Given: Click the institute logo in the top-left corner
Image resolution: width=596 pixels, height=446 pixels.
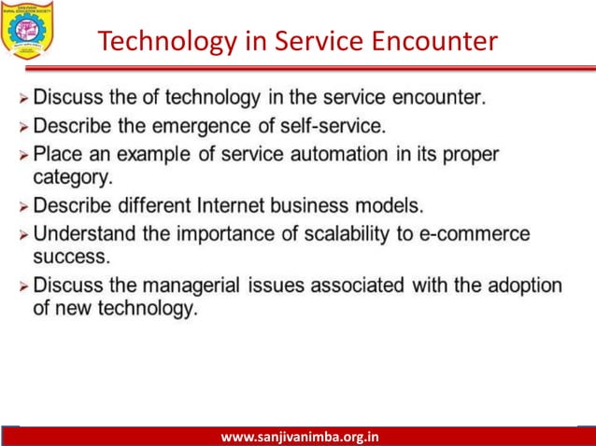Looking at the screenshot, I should click(x=29, y=28).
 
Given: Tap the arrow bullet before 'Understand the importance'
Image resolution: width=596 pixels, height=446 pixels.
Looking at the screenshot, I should click(x=22, y=233).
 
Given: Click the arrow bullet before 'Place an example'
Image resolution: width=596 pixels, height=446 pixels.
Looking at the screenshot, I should click(x=22, y=153).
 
